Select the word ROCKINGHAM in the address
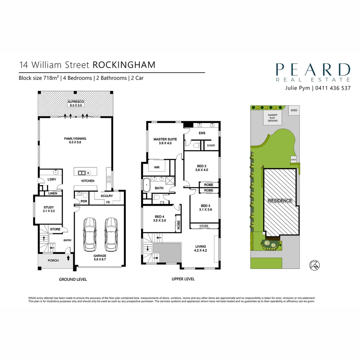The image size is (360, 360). tap(124, 65)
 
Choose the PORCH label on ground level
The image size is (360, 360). tap(53, 260)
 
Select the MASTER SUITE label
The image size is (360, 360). tap(165, 141)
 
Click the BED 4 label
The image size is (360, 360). tap(159, 218)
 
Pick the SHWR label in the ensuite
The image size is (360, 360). tap(210, 146)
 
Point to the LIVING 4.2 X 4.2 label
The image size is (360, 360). tap(201, 248)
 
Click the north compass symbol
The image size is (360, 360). tap(315, 265)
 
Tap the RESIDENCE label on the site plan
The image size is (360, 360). tap(280, 201)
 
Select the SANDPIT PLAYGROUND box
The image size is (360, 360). tap(273, 118)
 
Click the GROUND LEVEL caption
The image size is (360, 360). tap(73, 279)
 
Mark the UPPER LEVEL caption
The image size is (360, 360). tap(183, 279)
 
